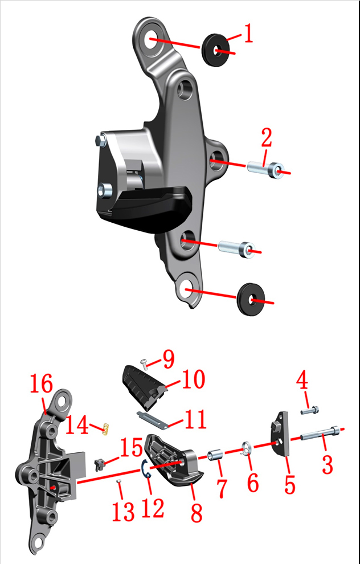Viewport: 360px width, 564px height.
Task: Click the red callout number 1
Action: tap(248, 34)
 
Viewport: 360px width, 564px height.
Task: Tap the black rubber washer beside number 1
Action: tap(215, 50)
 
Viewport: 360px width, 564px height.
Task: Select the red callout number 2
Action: tap(267, 137)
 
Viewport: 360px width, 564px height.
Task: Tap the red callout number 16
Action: tap(41, 383)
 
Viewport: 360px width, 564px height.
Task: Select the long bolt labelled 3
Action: tap(320, 434)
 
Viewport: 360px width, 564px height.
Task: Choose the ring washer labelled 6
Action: tap(247, 448)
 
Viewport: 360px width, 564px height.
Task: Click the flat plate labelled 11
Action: tap(153, 420)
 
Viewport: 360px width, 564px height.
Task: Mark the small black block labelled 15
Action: tap(99, 464)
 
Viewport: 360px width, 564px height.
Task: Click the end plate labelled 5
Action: tap(280, 434)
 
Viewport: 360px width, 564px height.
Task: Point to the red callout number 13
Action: tap(124, 511)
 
